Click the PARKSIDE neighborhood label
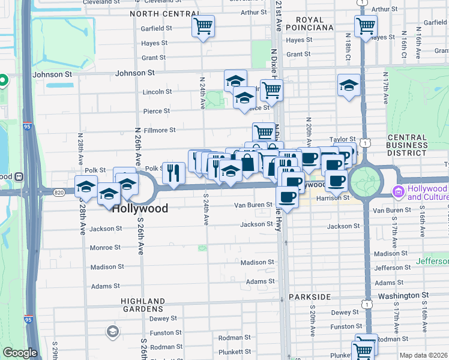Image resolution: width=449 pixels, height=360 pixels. click(x=309, y=297)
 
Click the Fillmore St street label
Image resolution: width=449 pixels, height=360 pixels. click(x=159, y=130)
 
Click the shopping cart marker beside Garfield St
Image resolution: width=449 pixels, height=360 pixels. click(x=203, y=26)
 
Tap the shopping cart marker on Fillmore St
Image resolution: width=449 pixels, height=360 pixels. click(x=263, y=132)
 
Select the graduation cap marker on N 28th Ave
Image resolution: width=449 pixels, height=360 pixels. click(x=86, y=186)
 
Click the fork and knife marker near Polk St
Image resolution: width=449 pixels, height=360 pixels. click(x=173, y=172)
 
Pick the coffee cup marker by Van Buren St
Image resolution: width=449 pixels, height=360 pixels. click(x=287, y=197)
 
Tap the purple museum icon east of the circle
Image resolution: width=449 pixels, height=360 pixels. click(x=397, y=191)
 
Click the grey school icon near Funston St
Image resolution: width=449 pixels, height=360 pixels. click(x=112, y=331)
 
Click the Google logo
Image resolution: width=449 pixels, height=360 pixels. click(x=20, y=353)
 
